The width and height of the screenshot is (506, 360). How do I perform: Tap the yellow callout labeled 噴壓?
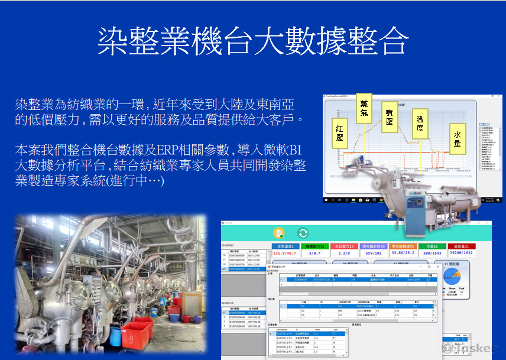coord(389,115)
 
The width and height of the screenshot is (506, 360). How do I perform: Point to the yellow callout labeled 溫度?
coord(419,123)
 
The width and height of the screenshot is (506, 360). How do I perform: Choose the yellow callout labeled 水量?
coord(457,138)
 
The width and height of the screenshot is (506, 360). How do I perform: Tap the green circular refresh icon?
coord(303,233)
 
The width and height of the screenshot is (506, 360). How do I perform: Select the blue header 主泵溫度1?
coord(286,246)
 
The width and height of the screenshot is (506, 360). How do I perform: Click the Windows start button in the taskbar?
coord(327,201)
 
